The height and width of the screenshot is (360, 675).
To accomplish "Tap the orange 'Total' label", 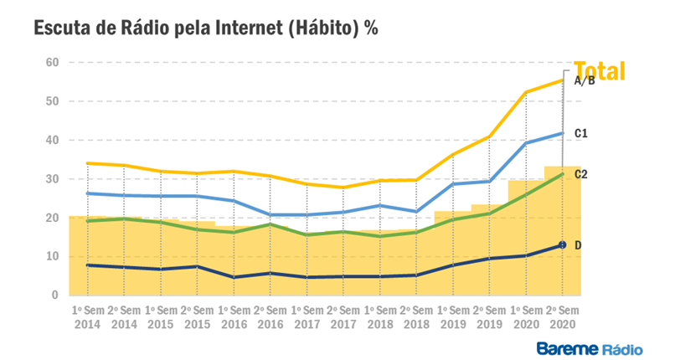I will point(600,72).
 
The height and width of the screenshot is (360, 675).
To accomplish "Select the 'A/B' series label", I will point(585,81).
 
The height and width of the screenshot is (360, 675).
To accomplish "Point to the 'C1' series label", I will point(581,133).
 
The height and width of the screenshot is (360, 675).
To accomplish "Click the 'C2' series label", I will point(581,174).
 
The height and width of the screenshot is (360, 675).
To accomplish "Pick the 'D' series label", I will point(578,244).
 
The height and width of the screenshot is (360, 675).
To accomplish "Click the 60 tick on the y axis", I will point(52,62).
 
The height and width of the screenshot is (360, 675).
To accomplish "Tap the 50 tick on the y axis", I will point(52,101).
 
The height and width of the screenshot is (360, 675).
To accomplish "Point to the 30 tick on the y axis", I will point(52,179).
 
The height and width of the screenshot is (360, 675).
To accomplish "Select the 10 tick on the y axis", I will point(52,256).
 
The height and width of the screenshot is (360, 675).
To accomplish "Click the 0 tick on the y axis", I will point(54,296).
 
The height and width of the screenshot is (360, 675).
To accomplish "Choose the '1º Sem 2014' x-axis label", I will point(87,315).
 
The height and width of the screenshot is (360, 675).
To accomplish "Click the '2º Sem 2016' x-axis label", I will point(270,315).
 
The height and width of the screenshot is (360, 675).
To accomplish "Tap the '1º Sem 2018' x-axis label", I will point(379,315).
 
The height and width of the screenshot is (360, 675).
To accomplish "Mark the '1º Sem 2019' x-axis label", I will point(452,315).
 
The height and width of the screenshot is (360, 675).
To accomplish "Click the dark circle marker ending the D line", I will point(563,244).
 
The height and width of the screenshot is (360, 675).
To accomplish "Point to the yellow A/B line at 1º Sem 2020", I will point(526,92).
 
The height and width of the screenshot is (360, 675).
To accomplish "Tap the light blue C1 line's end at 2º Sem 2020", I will point(562,133).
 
